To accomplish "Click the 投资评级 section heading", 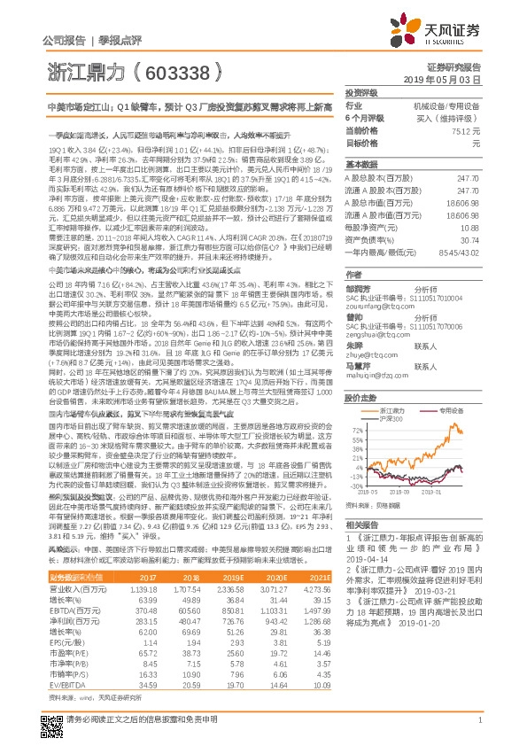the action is point(361,91).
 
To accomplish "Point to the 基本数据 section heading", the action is point(361,165).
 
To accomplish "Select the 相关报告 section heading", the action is point(361,525).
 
